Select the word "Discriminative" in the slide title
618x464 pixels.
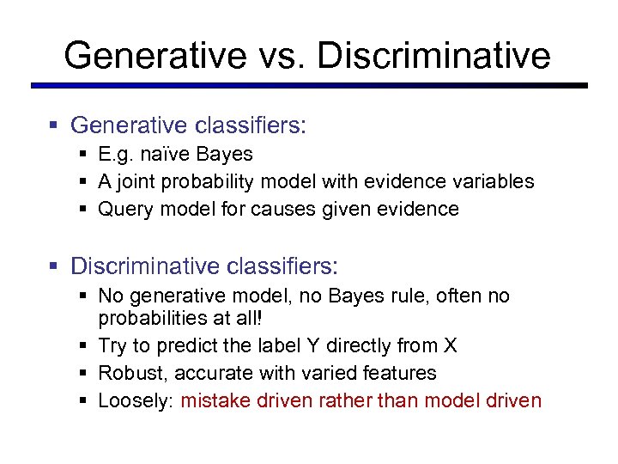tap(433, 56)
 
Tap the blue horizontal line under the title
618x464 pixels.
tap(309, 85)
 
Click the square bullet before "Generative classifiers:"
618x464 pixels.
tap(53, 126)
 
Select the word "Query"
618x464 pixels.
tap(124, 210)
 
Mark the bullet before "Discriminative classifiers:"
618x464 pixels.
tap(53, 266)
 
